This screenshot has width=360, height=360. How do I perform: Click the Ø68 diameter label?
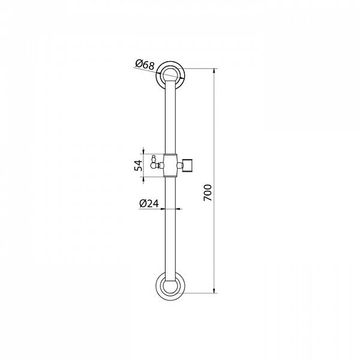coord(145,64)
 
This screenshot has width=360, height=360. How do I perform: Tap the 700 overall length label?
coord(208,193)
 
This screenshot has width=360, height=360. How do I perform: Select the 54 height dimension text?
coord(139,166)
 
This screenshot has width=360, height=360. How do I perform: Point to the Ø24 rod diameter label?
coord(149,203)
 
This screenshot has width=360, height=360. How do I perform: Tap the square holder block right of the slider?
coord(189,165)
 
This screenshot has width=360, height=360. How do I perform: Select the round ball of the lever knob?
coord(154,165)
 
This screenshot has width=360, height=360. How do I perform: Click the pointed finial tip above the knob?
coord(154,155)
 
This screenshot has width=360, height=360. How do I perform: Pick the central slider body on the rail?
coord(170,166)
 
